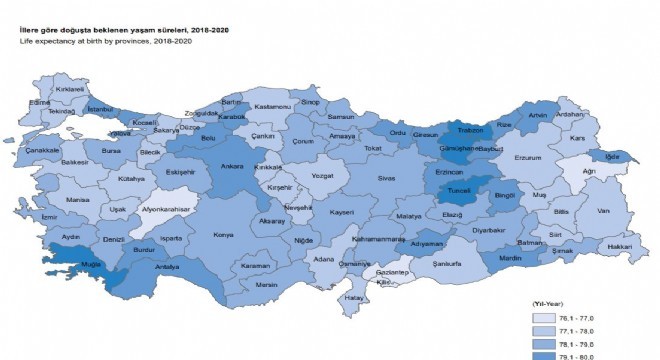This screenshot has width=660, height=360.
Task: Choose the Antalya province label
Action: (x=167, y=268)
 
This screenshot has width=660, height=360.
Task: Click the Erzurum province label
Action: (x=527, y=157)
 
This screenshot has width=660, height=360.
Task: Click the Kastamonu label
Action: (x=272, y=105)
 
